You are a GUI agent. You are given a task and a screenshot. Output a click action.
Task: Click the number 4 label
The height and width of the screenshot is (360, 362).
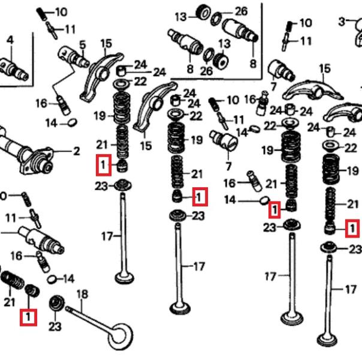10,40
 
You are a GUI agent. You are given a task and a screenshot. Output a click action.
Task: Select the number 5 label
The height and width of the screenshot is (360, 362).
83,44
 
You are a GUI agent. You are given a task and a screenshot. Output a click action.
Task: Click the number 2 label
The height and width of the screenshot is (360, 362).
76,151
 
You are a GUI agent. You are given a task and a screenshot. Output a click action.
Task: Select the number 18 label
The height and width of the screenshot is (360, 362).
83,294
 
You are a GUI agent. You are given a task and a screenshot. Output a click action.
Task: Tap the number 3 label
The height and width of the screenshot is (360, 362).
341,22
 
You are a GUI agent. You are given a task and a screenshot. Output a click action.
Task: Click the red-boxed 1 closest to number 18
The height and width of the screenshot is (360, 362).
28,316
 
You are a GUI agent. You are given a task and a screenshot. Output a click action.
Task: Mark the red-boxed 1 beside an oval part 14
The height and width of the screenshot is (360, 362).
274,209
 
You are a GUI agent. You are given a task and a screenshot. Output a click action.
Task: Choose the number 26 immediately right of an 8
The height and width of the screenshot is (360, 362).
206,70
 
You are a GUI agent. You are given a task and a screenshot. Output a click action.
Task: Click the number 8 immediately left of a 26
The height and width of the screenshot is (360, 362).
190,70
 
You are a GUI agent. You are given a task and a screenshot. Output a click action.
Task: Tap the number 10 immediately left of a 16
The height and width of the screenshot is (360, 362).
232,100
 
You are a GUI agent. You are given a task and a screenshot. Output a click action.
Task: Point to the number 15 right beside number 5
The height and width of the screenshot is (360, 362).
106,43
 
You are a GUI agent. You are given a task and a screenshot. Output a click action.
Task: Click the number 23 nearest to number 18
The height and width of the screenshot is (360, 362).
55,326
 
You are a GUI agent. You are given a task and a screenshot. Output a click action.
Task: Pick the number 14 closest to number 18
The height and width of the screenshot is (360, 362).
68,278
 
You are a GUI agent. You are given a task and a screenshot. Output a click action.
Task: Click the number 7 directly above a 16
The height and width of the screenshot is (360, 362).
228,165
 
